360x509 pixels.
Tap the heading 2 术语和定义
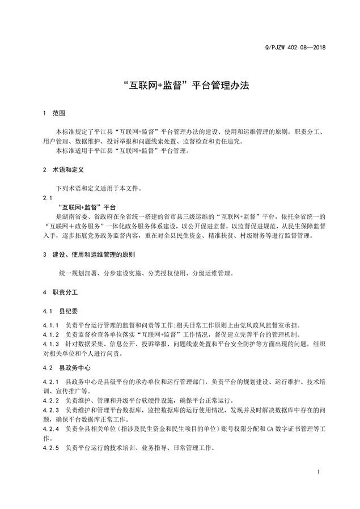pyautogui.click(x=63, y=169)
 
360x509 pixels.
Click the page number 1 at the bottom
pyautogui.click(x=319, y=472)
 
